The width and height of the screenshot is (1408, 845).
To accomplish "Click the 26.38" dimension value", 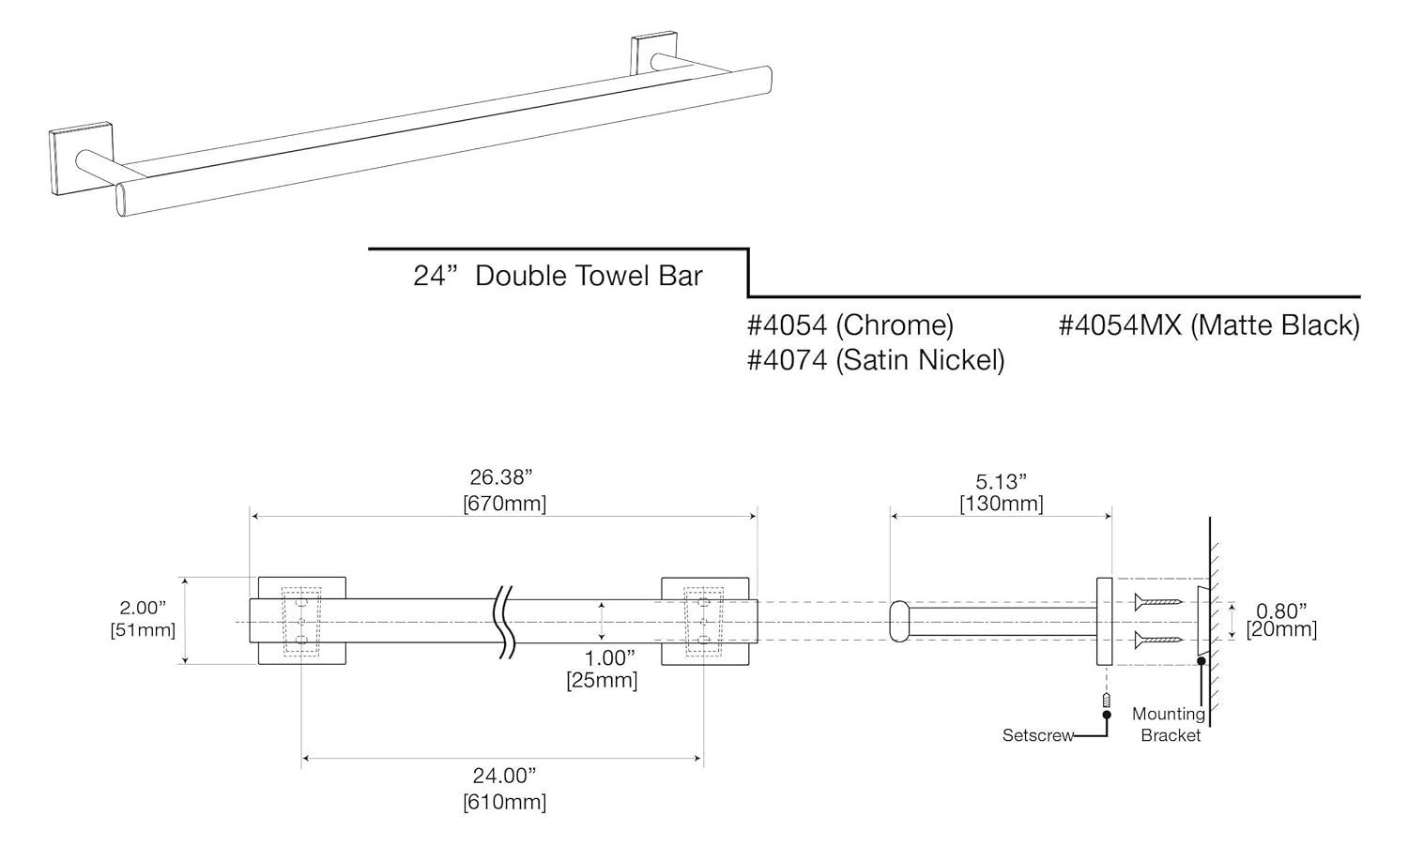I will tap(504, 478).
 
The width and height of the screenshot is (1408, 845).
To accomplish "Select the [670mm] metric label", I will tap(504, 504).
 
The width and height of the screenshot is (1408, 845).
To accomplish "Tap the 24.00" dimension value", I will tap(504, 776).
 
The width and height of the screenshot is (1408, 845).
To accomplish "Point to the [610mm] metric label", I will tap(504, 802).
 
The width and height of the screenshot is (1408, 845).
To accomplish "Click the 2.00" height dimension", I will tap(143, 608).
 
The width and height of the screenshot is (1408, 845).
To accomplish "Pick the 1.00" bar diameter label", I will tap(602, 656).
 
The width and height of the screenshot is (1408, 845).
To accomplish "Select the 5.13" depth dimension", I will tap(1001, 481).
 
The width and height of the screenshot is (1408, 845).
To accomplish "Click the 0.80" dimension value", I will tap(1281, 611).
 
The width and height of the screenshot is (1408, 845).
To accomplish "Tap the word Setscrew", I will tap(1037, 735).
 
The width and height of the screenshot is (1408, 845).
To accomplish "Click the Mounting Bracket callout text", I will tap(1170, 725).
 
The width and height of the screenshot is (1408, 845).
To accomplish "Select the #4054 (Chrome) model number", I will tap(850, 325).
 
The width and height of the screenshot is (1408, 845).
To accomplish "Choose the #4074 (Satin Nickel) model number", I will tap(876, 359).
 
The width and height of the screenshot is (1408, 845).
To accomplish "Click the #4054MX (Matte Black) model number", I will tap(1209, 325).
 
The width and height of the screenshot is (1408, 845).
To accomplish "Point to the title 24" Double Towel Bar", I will tap(558, 276).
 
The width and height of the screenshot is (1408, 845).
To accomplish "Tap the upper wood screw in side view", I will tap(1157, 601).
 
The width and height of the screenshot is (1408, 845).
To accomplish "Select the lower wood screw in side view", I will tap(1157, 640).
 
